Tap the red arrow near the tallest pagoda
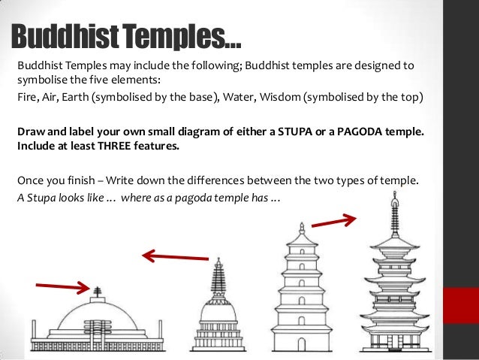tap(333, 220)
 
